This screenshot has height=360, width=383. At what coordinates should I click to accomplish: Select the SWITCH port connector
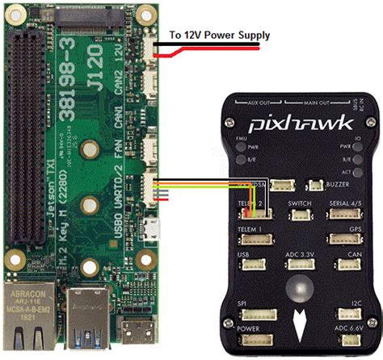[x=298, y=214]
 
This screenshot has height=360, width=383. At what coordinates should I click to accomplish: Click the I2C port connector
[x=356, y=316]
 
